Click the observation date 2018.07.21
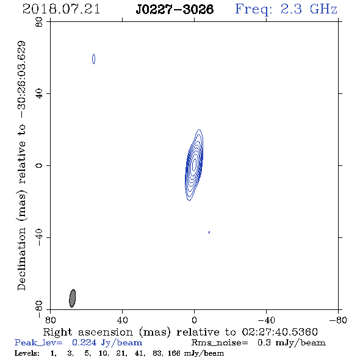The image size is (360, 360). pos(61,9)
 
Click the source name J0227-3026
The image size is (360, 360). pos(175,9)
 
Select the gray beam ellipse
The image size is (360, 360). pos(73,298)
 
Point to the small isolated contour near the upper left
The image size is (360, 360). pos(94,59)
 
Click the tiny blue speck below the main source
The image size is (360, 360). pos(209,232)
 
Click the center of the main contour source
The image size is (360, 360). pos(194,165)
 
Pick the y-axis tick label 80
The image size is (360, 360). pos(39,22)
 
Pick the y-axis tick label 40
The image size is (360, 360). pos(39,94)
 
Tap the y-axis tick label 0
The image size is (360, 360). pos(39,165)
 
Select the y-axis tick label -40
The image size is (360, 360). pos(39,237)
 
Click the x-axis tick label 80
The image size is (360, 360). pos(50,320)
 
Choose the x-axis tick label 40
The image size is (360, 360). pos(122,320)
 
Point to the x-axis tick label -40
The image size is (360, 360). pos(266,320)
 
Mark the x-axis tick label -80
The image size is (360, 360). pos(338,320)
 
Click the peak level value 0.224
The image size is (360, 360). pos(84,342)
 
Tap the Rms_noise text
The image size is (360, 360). pos(220,343)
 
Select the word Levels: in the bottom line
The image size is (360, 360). pos(27,353)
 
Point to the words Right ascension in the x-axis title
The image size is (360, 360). pos(88,332)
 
